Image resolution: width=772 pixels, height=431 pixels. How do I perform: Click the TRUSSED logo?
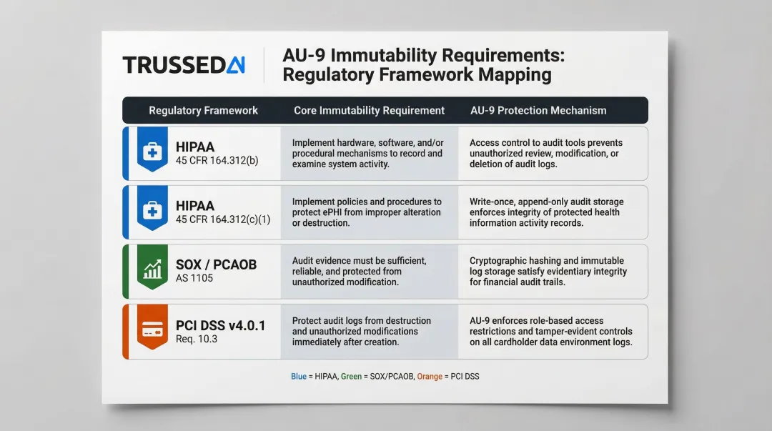pyautogui.click(x=184, y=65)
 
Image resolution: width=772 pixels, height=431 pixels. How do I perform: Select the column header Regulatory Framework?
pyautogui.click(x=203, y=110)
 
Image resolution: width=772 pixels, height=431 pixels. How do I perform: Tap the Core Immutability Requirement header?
pyautogui.click(x=369, y=110)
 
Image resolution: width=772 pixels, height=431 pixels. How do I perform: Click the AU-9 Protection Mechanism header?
pyautogui.click(x=538, y=110)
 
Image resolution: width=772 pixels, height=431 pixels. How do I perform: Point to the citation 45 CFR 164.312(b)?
pyautogui.click(x=217, y=160)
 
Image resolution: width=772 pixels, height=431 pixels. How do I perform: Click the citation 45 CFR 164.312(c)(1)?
pyautogui.click(x=223, y=219)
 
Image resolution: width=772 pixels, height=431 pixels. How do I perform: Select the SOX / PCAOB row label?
pyautogui.click(x=216, y=264)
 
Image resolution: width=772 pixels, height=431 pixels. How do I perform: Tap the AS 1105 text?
pyautogui.click(x=194, y=278)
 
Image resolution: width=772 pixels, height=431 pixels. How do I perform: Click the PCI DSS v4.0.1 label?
pyautogui.click(x=220, y=325)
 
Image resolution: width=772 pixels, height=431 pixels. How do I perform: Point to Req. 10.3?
pyautogui.click(x=197, y=339)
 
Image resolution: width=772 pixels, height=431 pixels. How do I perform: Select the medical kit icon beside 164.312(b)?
pyautogui.click(x=152, y=151)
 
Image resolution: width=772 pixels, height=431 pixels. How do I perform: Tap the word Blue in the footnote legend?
pyautogui.click(x=299, y=376)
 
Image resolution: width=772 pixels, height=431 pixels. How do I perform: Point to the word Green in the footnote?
pyautogui.click(x=352, y=376)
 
